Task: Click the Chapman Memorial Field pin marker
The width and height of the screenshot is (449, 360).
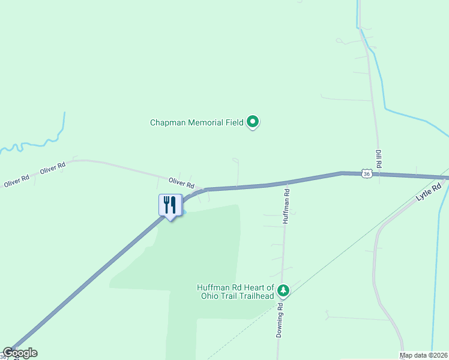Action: click(253, 122)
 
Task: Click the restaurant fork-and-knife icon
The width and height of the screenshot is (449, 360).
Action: click(170, 205)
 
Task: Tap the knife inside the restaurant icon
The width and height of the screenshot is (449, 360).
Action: click(173, 205)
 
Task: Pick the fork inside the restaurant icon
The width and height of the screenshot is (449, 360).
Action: click(166, 205)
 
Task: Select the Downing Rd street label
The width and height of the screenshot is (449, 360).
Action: click(280, 320)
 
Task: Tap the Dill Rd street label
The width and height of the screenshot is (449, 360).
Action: click(379, 159)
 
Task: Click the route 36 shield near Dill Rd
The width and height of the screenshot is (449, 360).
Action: click(367, 173)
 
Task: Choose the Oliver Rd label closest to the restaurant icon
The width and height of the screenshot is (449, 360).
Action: click(181, 181)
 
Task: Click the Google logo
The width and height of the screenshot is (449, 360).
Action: click(20, 353)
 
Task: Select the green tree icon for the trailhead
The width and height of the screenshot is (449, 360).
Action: click(283, 291)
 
